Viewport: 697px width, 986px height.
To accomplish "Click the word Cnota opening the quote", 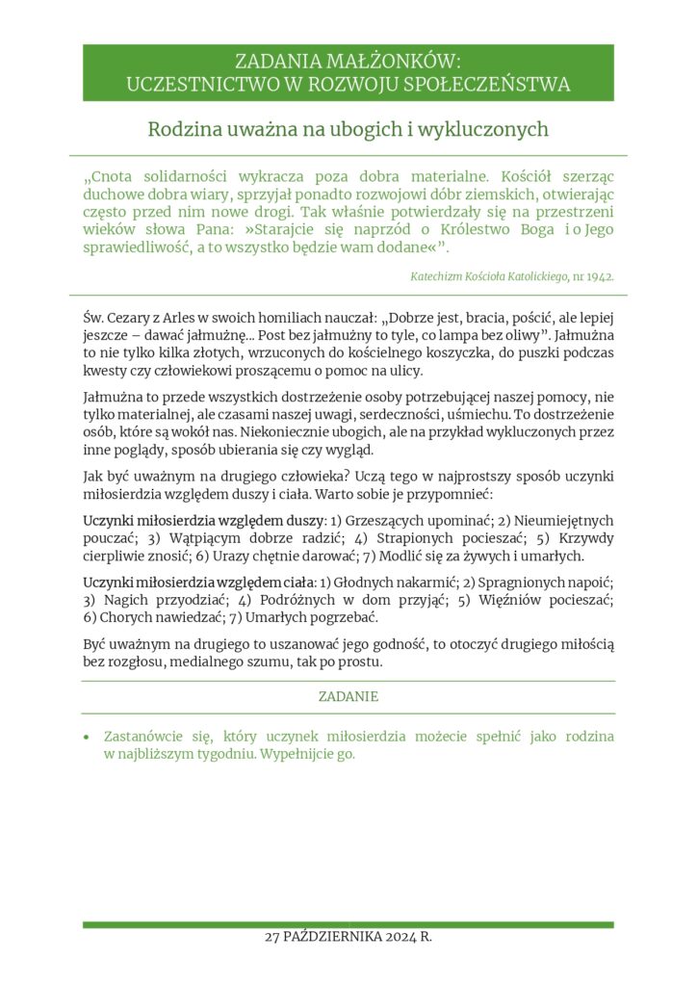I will click(121, 177).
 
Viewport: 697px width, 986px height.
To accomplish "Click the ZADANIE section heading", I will click(348, 696).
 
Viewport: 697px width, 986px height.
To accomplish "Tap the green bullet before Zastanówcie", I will click(87, 738).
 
